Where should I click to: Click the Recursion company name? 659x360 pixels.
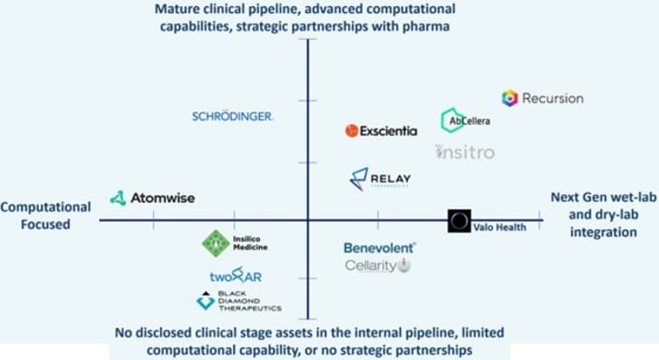pos(553,98)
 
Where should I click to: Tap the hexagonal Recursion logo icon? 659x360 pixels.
pos(510,98)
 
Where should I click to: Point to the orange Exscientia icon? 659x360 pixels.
pos(352,131)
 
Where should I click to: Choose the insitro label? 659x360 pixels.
pos(465,152)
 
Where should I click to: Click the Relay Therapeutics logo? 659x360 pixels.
pos(380,180)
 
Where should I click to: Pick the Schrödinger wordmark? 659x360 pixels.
pos(233,116)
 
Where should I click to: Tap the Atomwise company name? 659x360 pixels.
pos(163,198)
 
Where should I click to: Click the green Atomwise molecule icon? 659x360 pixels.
pos(118,198)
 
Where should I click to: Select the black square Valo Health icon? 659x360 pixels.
pos(460,221)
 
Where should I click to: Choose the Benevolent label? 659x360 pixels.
pos(379,248)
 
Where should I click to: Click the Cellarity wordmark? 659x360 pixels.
pos(371,265)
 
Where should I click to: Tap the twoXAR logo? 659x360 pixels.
pos(235,277)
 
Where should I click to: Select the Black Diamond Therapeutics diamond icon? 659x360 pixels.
pos(205,301)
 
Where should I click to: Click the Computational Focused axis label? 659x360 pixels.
pos(45,215)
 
